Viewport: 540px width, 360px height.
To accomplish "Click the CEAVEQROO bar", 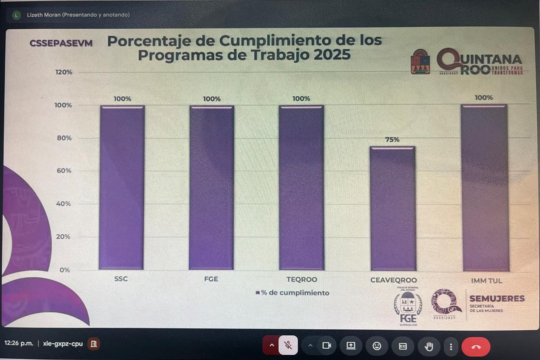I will (393, 208).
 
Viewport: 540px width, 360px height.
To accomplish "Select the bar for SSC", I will (122, 187).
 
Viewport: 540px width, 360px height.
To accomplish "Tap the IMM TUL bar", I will (485, 188).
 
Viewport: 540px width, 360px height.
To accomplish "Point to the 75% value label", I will (392, 139).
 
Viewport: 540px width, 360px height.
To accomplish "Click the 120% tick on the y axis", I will (64, 72).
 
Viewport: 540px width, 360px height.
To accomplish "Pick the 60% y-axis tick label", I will (64, 171).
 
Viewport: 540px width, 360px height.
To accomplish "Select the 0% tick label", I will (64, 270).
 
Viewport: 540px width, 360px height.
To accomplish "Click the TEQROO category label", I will (302, 280).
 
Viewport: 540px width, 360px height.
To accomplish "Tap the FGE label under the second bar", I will (211, 279).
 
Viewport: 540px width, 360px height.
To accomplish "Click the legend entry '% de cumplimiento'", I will (292, 293).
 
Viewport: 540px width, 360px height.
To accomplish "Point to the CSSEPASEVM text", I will (61, 43).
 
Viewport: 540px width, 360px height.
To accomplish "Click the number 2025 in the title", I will (332, 55).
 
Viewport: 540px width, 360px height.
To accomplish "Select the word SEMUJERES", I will (497, 299).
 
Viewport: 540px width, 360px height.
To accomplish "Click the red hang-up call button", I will (476, 346).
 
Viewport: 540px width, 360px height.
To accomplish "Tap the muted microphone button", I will (288, 345).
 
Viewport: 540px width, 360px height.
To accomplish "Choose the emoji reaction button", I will (377, 346).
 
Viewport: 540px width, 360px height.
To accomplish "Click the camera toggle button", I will (326, 345).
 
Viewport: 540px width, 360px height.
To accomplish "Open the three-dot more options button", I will (451, 346).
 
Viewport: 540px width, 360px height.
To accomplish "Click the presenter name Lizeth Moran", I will (44, 15).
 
